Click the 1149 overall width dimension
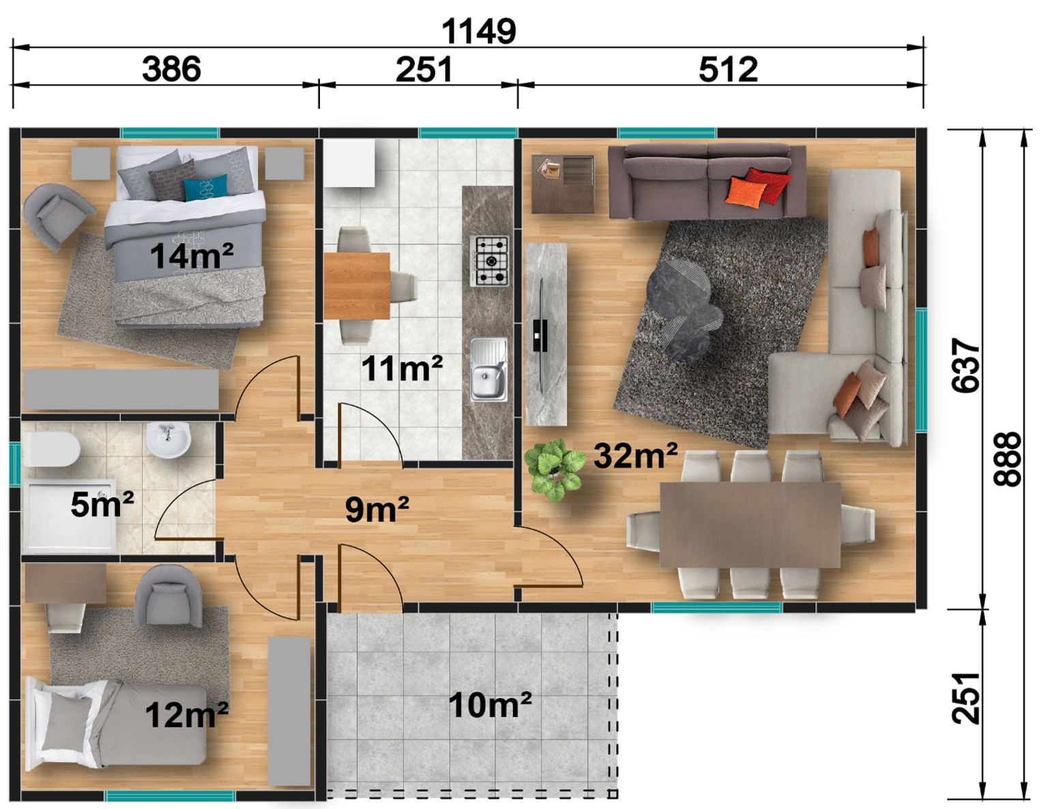point(478,31)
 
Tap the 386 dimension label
point(171,69)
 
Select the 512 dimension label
point(728,70)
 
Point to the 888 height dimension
point(1007,459)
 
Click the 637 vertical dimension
point(965,366)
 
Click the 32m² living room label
point(635,455)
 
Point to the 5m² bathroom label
point(102,505)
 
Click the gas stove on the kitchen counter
point(488,261)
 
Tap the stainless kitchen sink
point(488,369)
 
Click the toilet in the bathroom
point(51,449)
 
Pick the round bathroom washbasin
point(168,440)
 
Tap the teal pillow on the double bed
point(205,187)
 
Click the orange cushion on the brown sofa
point(745,193)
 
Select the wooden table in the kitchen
point(356,285)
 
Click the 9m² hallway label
point(377,509)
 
